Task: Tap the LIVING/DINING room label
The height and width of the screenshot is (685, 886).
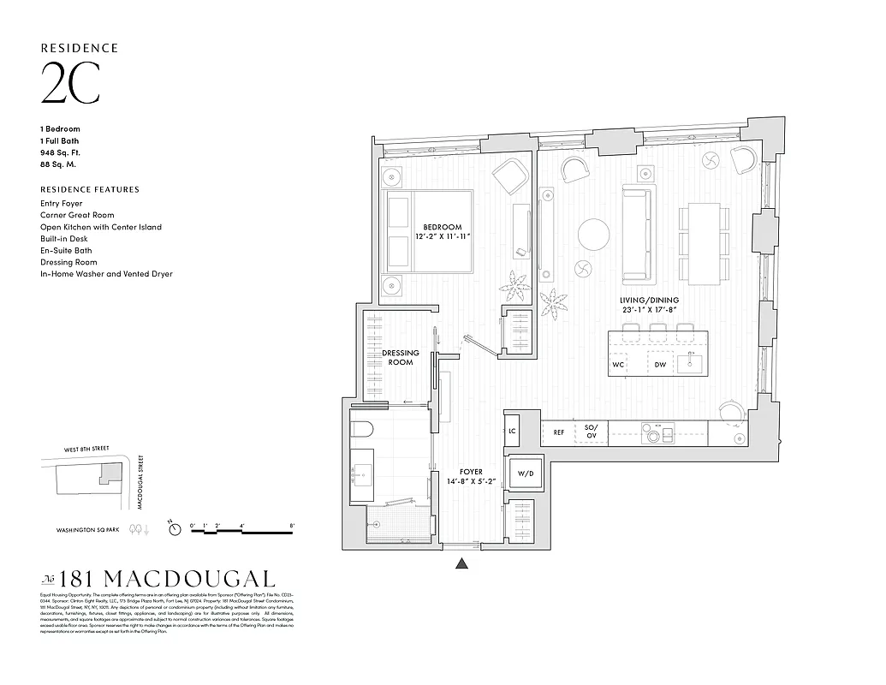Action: point(649,301)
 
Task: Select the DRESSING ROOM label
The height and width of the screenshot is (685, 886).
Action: point(401,357)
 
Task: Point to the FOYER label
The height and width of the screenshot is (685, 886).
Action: point(471,472)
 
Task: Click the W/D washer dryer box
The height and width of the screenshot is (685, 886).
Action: point(523,472)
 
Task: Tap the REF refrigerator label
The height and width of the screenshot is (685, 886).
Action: point(559,433)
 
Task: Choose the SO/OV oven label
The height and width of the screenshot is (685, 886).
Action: point(591,433)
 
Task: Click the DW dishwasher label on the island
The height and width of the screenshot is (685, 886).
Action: point(660,365)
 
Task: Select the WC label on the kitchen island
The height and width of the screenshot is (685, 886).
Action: point(618,365)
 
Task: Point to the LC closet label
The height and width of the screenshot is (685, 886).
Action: point(513,432)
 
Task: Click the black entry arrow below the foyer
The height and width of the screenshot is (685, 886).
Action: point(462,563)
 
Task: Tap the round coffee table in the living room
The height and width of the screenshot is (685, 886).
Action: point(594,234)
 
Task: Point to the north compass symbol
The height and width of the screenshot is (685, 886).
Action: point(175,530)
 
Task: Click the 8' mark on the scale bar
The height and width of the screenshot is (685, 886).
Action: point(293,524)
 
